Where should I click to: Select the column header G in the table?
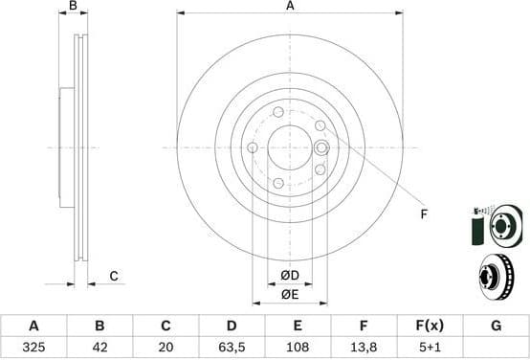click(x=496, y=326)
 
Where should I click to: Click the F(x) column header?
click(x=429, y=326)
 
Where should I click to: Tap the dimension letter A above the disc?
click(x=290, y=7)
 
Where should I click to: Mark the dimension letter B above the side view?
click(x=74, y=7)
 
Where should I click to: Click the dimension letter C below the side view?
click(x=113, y=277)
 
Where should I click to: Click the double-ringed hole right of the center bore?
click(x=321, y=147)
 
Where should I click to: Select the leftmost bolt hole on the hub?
click(x=253, y=147)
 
